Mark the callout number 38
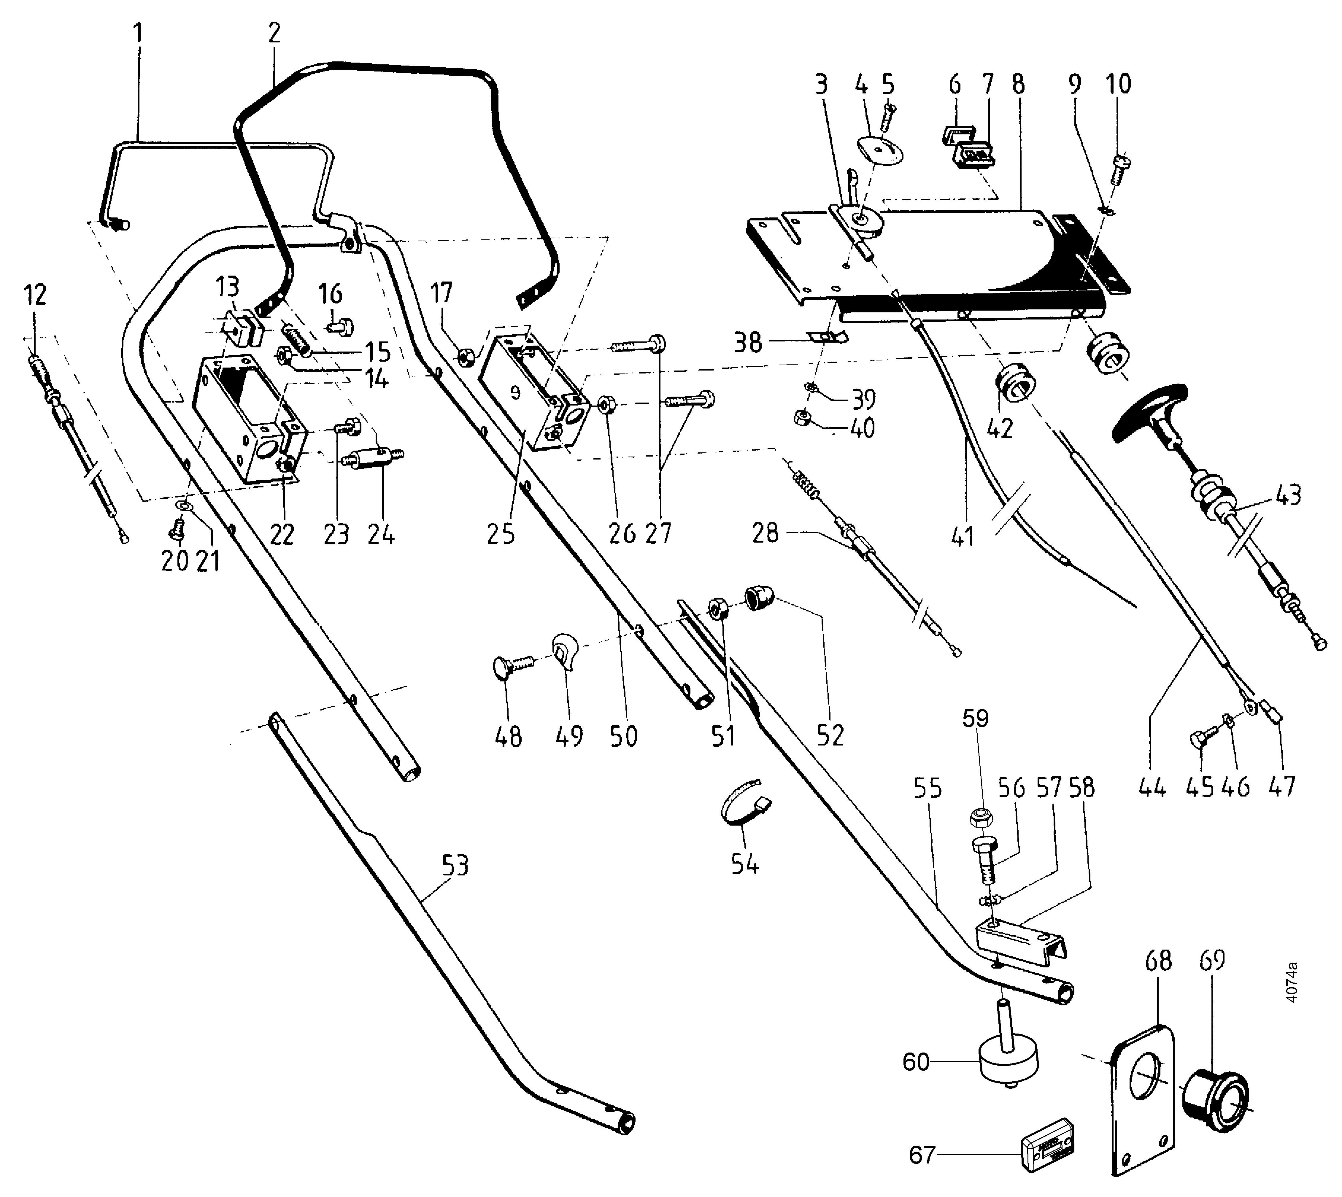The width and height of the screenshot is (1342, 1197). pyautogui.click(x=748, y=342)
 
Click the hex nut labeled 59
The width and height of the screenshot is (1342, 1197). pyautogui.click(x=982, y=818)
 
